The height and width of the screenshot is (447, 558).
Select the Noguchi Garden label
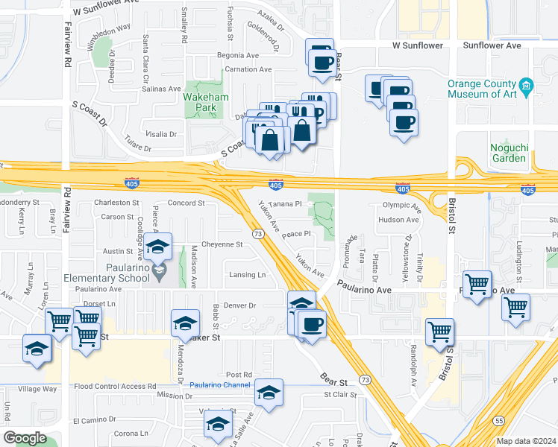509,152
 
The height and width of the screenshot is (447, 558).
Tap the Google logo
25,438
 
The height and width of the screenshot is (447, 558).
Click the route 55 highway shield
498,422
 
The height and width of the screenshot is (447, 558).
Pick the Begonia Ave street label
236,55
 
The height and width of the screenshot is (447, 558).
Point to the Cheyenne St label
223,244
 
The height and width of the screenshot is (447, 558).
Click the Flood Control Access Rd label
116,386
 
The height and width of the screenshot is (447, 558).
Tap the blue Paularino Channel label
219,385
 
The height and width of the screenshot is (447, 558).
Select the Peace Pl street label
295,233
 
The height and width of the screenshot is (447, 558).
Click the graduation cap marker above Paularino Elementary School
158,247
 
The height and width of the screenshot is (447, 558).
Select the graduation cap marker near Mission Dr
269,393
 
